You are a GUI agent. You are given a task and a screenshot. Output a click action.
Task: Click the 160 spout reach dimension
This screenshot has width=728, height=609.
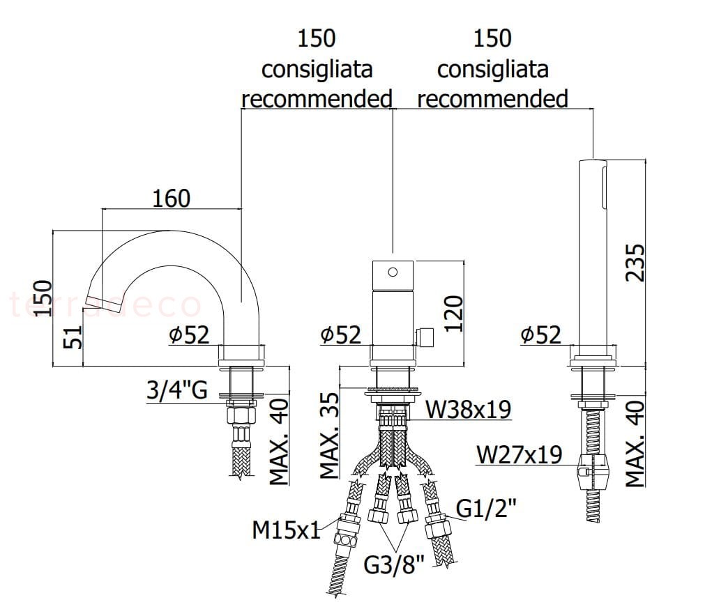(x=171, y=199)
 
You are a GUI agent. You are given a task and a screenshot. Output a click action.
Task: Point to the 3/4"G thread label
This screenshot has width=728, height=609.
(x=177, y=390)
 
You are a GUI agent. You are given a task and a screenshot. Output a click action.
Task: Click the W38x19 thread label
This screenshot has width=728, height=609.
(x=468, y=409)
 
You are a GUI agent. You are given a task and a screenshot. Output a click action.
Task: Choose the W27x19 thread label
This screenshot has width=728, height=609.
(x=520, y=455)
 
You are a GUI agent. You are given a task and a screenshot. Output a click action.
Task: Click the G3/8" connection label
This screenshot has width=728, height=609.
(x=394, y=564)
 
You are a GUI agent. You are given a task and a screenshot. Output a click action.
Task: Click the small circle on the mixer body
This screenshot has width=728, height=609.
(x=393, y=272)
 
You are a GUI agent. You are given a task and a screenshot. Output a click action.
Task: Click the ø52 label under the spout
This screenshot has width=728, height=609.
(x=188, y=335)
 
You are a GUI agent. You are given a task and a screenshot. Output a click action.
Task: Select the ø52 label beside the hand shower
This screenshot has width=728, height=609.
(x=540, y=335)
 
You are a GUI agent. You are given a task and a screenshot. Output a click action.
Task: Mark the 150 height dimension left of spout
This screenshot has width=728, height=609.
(x=43, y=298)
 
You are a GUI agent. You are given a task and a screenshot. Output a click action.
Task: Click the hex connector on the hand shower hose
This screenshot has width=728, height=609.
(x=593, y=473)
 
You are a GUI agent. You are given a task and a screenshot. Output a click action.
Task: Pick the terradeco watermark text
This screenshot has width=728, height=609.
(x=105, y=304)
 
